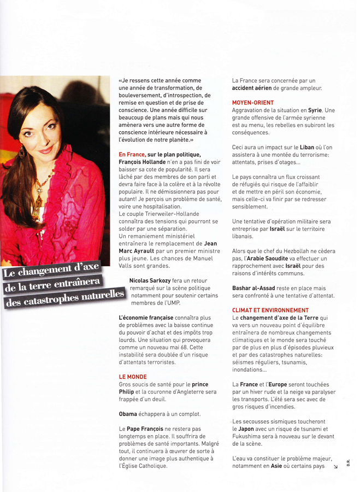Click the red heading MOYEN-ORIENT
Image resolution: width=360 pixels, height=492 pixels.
coord(253,102)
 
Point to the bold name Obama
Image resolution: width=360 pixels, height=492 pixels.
coord(128,413)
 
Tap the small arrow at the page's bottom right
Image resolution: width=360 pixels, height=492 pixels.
coord(335,467)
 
